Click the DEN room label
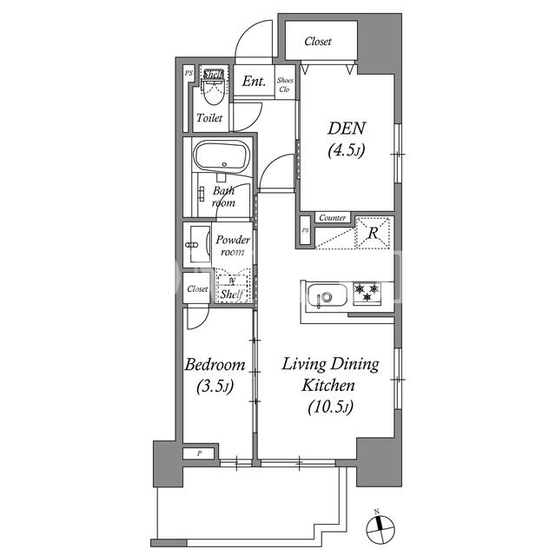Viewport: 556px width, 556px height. (x=346, y=128)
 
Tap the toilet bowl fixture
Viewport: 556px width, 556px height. (x=215, y=90)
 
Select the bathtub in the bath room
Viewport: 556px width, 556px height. (x=222, y=156)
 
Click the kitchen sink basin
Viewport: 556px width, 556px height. (x=327, y=295)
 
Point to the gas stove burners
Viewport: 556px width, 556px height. (x=367, y=293)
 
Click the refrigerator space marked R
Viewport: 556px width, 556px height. (x=374, y=233)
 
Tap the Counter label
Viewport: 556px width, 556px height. (x=332, y=217)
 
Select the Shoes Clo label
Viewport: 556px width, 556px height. (x=285, y=85)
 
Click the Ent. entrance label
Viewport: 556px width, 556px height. (x=254, y=81)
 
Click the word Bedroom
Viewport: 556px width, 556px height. (x=215, y=365)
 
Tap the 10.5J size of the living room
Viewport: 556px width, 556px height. (x=330, y=407)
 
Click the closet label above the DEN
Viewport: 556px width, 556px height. (x=318, y=41)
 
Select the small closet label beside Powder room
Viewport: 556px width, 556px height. (x=197, y=289)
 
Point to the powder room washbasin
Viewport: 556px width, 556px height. (x=197, y=245)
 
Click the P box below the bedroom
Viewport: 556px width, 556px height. (x=199, y=453)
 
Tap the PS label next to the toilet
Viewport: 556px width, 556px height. (x=189, y=73)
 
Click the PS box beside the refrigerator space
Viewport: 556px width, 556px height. (x=305, y=230)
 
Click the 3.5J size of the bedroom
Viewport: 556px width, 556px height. (x=215, y=387)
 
